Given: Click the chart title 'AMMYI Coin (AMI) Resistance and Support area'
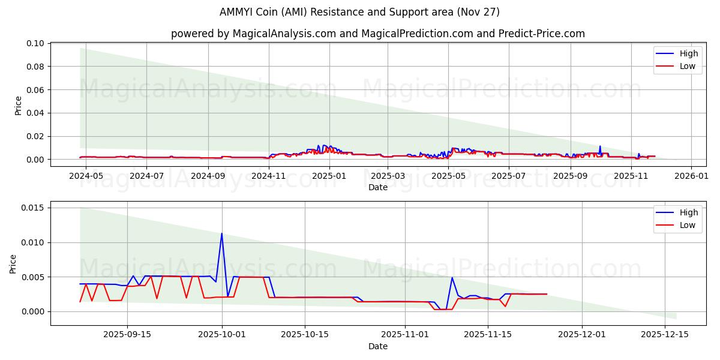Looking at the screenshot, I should point(360,12).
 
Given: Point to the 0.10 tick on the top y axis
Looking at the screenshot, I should point(35,44).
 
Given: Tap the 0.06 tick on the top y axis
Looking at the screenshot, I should point(35,90).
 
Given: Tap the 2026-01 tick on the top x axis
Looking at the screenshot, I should point(691,176).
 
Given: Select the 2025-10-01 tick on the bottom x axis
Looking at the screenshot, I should point(222,335).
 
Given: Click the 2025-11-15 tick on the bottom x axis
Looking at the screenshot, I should point(487,335).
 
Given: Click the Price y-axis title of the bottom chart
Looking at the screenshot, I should point(13,263).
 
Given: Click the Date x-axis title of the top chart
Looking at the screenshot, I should point(378,187).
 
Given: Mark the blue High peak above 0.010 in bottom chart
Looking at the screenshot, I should point(221,233).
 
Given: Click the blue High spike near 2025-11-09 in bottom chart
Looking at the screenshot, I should point(452,277).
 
